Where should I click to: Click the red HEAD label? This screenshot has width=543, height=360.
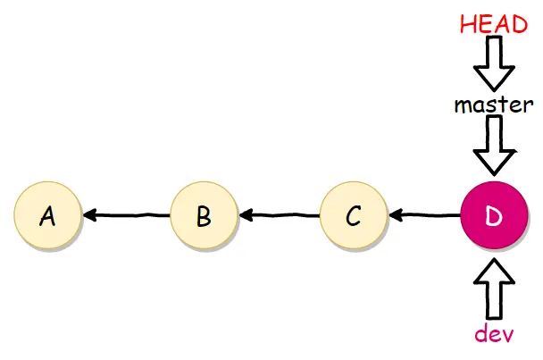(x=494, y=24)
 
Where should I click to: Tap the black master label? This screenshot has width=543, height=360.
(x=494, y=105)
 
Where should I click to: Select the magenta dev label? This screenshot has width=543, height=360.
(x=494, y=333)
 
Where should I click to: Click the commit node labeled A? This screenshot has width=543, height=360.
(x=47, y=215)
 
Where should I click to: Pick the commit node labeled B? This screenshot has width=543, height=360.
(x=204, y=215)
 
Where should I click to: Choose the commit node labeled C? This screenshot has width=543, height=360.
(x=354, y=215)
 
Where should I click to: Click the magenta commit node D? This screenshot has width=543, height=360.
(x=494, y=215)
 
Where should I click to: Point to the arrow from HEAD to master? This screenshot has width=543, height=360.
(x=494, y=63)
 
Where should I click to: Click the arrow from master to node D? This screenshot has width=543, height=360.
(x=494, y=146)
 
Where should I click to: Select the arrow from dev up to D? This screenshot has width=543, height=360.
(x=494, y=289)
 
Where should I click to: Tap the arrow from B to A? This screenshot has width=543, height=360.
(x=127, y=215)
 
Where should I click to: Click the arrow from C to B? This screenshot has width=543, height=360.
(x=280, y=215)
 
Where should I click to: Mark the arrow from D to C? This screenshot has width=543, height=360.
(x=424, y=215)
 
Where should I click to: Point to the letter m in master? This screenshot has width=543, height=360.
(x=464, y=105)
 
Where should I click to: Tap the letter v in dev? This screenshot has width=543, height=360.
(x=507, y=335)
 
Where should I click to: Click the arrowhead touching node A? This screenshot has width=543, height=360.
(x=89, y=215)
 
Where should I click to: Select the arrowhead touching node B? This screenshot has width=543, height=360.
(x=246, y=215)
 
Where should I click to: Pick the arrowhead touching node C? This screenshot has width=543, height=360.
(x=395, y=215)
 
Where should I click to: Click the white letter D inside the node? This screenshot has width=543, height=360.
(x=494, y=216)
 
